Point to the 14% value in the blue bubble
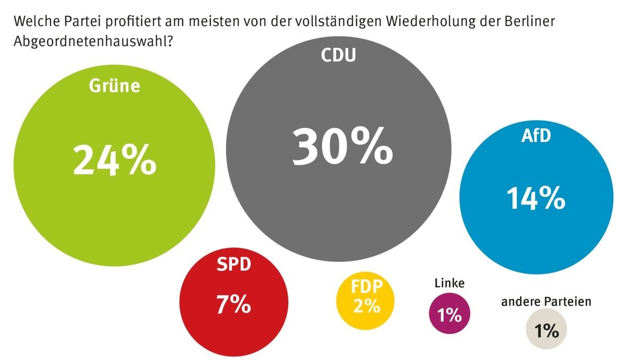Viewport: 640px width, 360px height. pyautogui.click(x=535, y=199)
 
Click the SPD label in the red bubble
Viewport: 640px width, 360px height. pyautogui.click(x=234, y=265)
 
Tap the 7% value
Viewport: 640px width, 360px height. pyautogui.click(x=234, y=304)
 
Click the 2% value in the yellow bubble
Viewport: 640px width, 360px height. pyautogui.click(x=366, y=307)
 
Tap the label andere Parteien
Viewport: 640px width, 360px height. pyautogui.click(x=546, y=302)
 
